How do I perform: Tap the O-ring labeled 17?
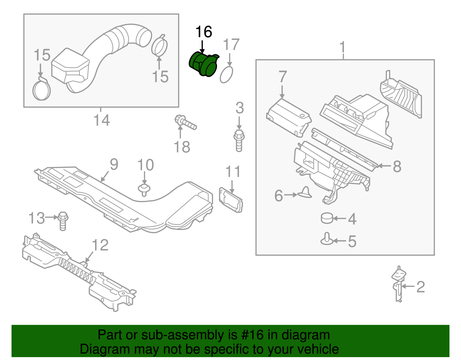pos(226,74)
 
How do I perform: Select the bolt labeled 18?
pos(185,123)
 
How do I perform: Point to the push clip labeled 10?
pos(144,189)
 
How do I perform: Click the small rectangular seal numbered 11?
pos(231,200)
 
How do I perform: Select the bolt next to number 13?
pos(63,220)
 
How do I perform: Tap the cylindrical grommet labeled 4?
pos(327,218)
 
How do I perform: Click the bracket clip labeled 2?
pos(398,284)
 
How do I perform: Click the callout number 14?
pos(102,120)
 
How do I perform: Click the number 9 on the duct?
pos(114,165)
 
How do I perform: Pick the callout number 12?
pos(100,245)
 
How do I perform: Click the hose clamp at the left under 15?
pos(41,90)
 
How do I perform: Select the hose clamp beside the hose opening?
pos(160,46)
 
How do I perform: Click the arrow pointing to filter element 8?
pos(383,166)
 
